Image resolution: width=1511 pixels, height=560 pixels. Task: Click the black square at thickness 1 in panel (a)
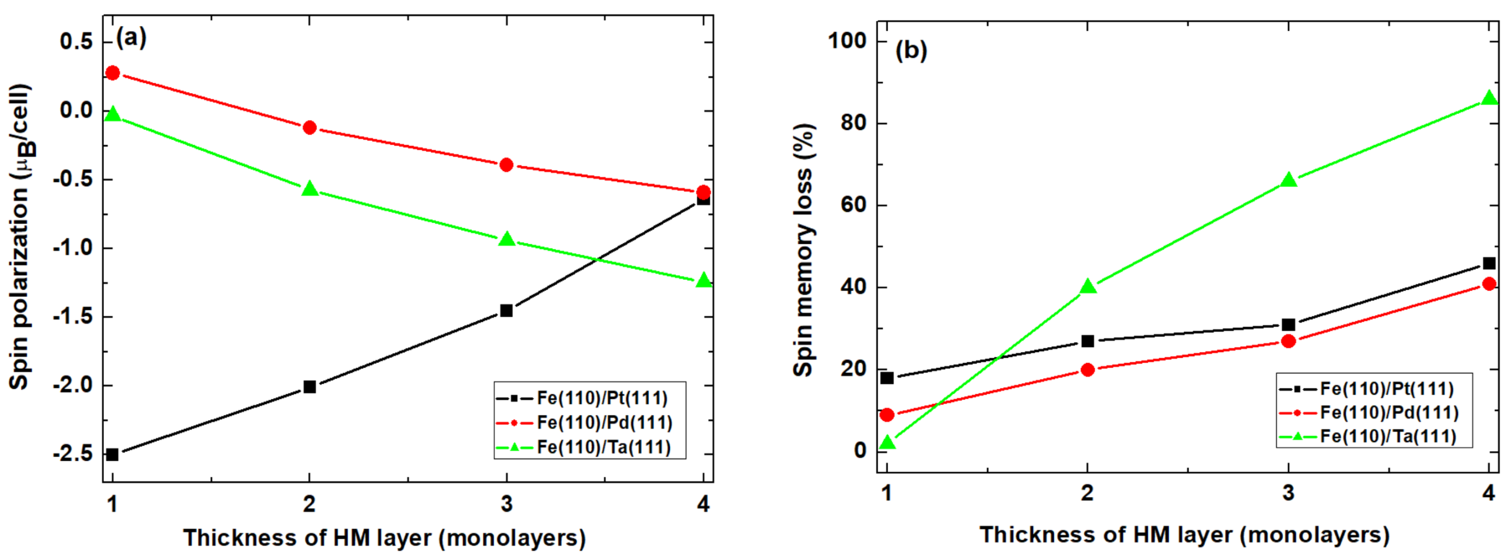coord(113,454)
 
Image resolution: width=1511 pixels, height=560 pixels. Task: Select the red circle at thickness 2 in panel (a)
coord(309,127)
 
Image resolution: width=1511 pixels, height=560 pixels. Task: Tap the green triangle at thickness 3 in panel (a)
coord(507,239)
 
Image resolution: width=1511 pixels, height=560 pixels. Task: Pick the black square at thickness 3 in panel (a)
coord(507,310)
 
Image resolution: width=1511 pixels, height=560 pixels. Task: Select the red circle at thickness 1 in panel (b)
coord(887,414)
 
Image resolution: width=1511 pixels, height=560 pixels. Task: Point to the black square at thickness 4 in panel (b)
coord(1488,263)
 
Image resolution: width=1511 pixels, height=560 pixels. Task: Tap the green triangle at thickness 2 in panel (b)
coord(1088,287)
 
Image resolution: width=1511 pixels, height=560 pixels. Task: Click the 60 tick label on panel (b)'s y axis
coord(853,206)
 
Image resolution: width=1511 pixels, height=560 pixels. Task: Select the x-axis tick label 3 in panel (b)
coord(1288,492)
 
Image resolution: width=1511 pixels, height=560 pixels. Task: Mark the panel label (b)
coord(911,50)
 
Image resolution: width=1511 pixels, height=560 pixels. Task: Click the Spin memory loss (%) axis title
coord(803,250)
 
